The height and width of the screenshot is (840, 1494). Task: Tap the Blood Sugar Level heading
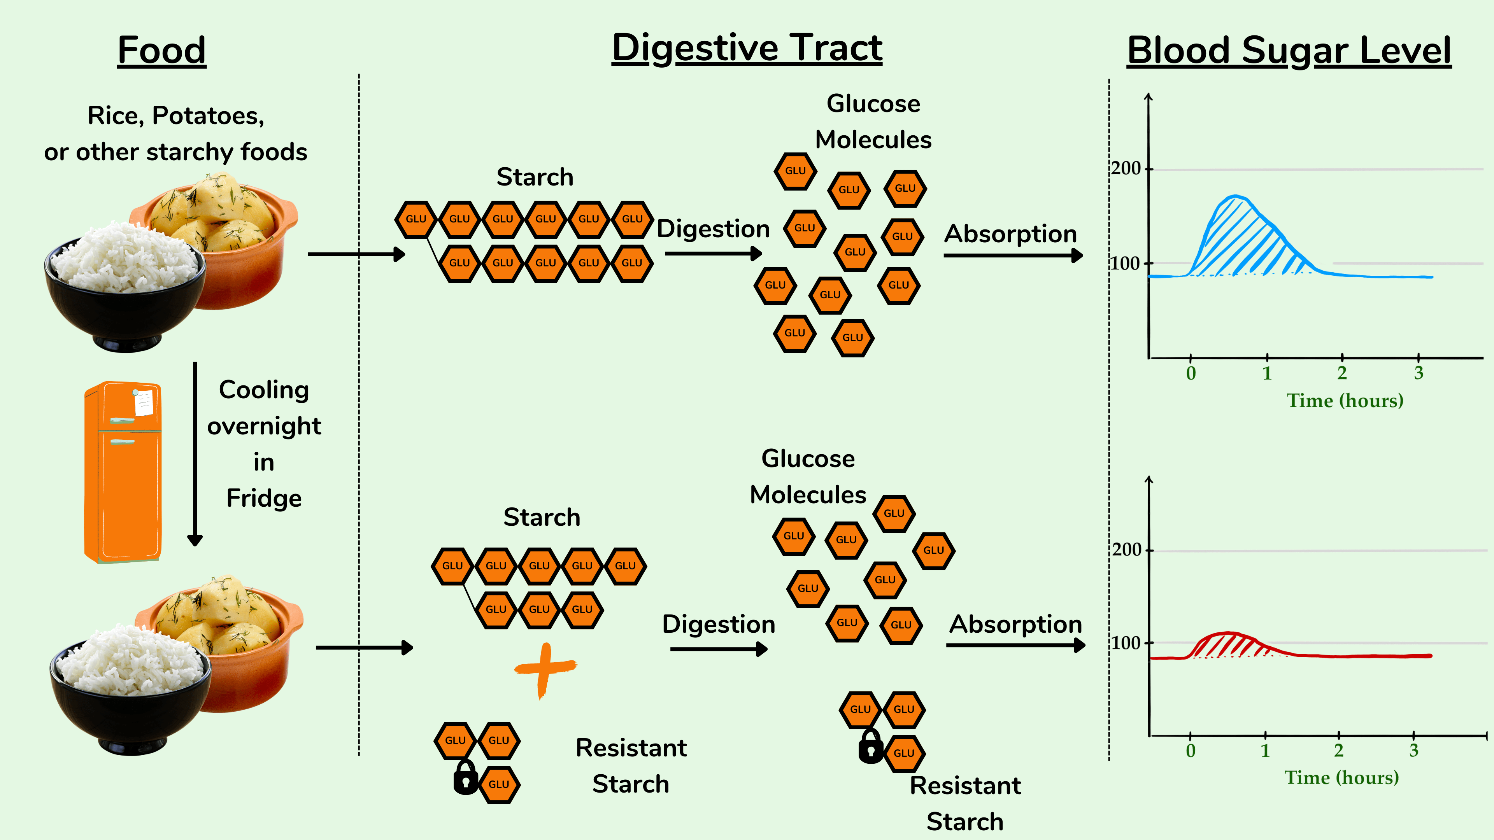point(1289,51)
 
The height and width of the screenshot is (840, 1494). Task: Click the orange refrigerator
point(123,472)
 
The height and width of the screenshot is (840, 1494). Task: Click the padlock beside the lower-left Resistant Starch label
point(465,779)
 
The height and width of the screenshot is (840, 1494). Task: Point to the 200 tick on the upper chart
point(1126,169)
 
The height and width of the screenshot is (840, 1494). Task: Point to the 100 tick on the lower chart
point(1126,643)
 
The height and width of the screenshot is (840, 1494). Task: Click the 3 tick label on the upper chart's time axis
point(1419,373)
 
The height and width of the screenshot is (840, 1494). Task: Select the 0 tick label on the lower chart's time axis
point(1191,751)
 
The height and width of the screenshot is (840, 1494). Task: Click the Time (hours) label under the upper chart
point(1345,401)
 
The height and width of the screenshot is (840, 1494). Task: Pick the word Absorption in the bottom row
point(1015,624)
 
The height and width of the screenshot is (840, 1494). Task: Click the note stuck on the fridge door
point(143,402)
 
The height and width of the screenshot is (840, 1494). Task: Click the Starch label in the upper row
point(535,177)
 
